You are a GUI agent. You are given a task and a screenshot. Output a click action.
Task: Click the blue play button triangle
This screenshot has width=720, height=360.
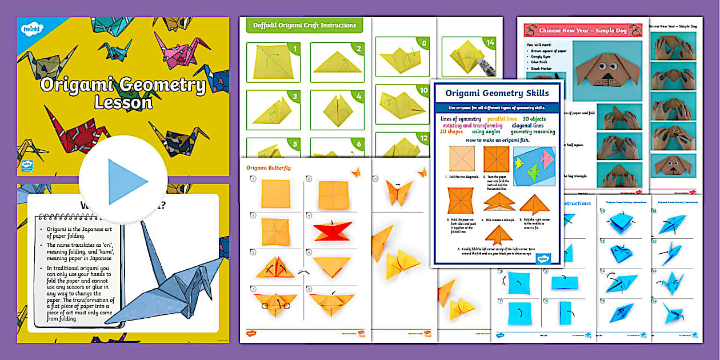point(127,182)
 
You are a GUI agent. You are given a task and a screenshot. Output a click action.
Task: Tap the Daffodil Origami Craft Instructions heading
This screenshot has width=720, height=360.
point(305,25)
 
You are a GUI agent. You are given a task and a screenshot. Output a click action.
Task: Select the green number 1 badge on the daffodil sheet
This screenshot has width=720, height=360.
point(295,49)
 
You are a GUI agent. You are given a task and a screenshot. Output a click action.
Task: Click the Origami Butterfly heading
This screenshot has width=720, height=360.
point(269,167)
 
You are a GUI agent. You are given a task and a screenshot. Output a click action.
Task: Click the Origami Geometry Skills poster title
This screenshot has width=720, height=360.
point(497,93)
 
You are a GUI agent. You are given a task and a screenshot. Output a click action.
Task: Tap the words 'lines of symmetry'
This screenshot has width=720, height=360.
point(461,119)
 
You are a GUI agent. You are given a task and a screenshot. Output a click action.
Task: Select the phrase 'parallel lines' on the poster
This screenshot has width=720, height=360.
point(502,119)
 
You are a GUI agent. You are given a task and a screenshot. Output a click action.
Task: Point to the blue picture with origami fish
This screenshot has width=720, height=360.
point(533,166)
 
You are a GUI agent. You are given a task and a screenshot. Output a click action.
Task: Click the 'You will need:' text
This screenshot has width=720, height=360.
point(538,44)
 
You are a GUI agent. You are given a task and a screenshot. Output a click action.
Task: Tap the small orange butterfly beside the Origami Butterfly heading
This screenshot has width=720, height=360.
point(356,170)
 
